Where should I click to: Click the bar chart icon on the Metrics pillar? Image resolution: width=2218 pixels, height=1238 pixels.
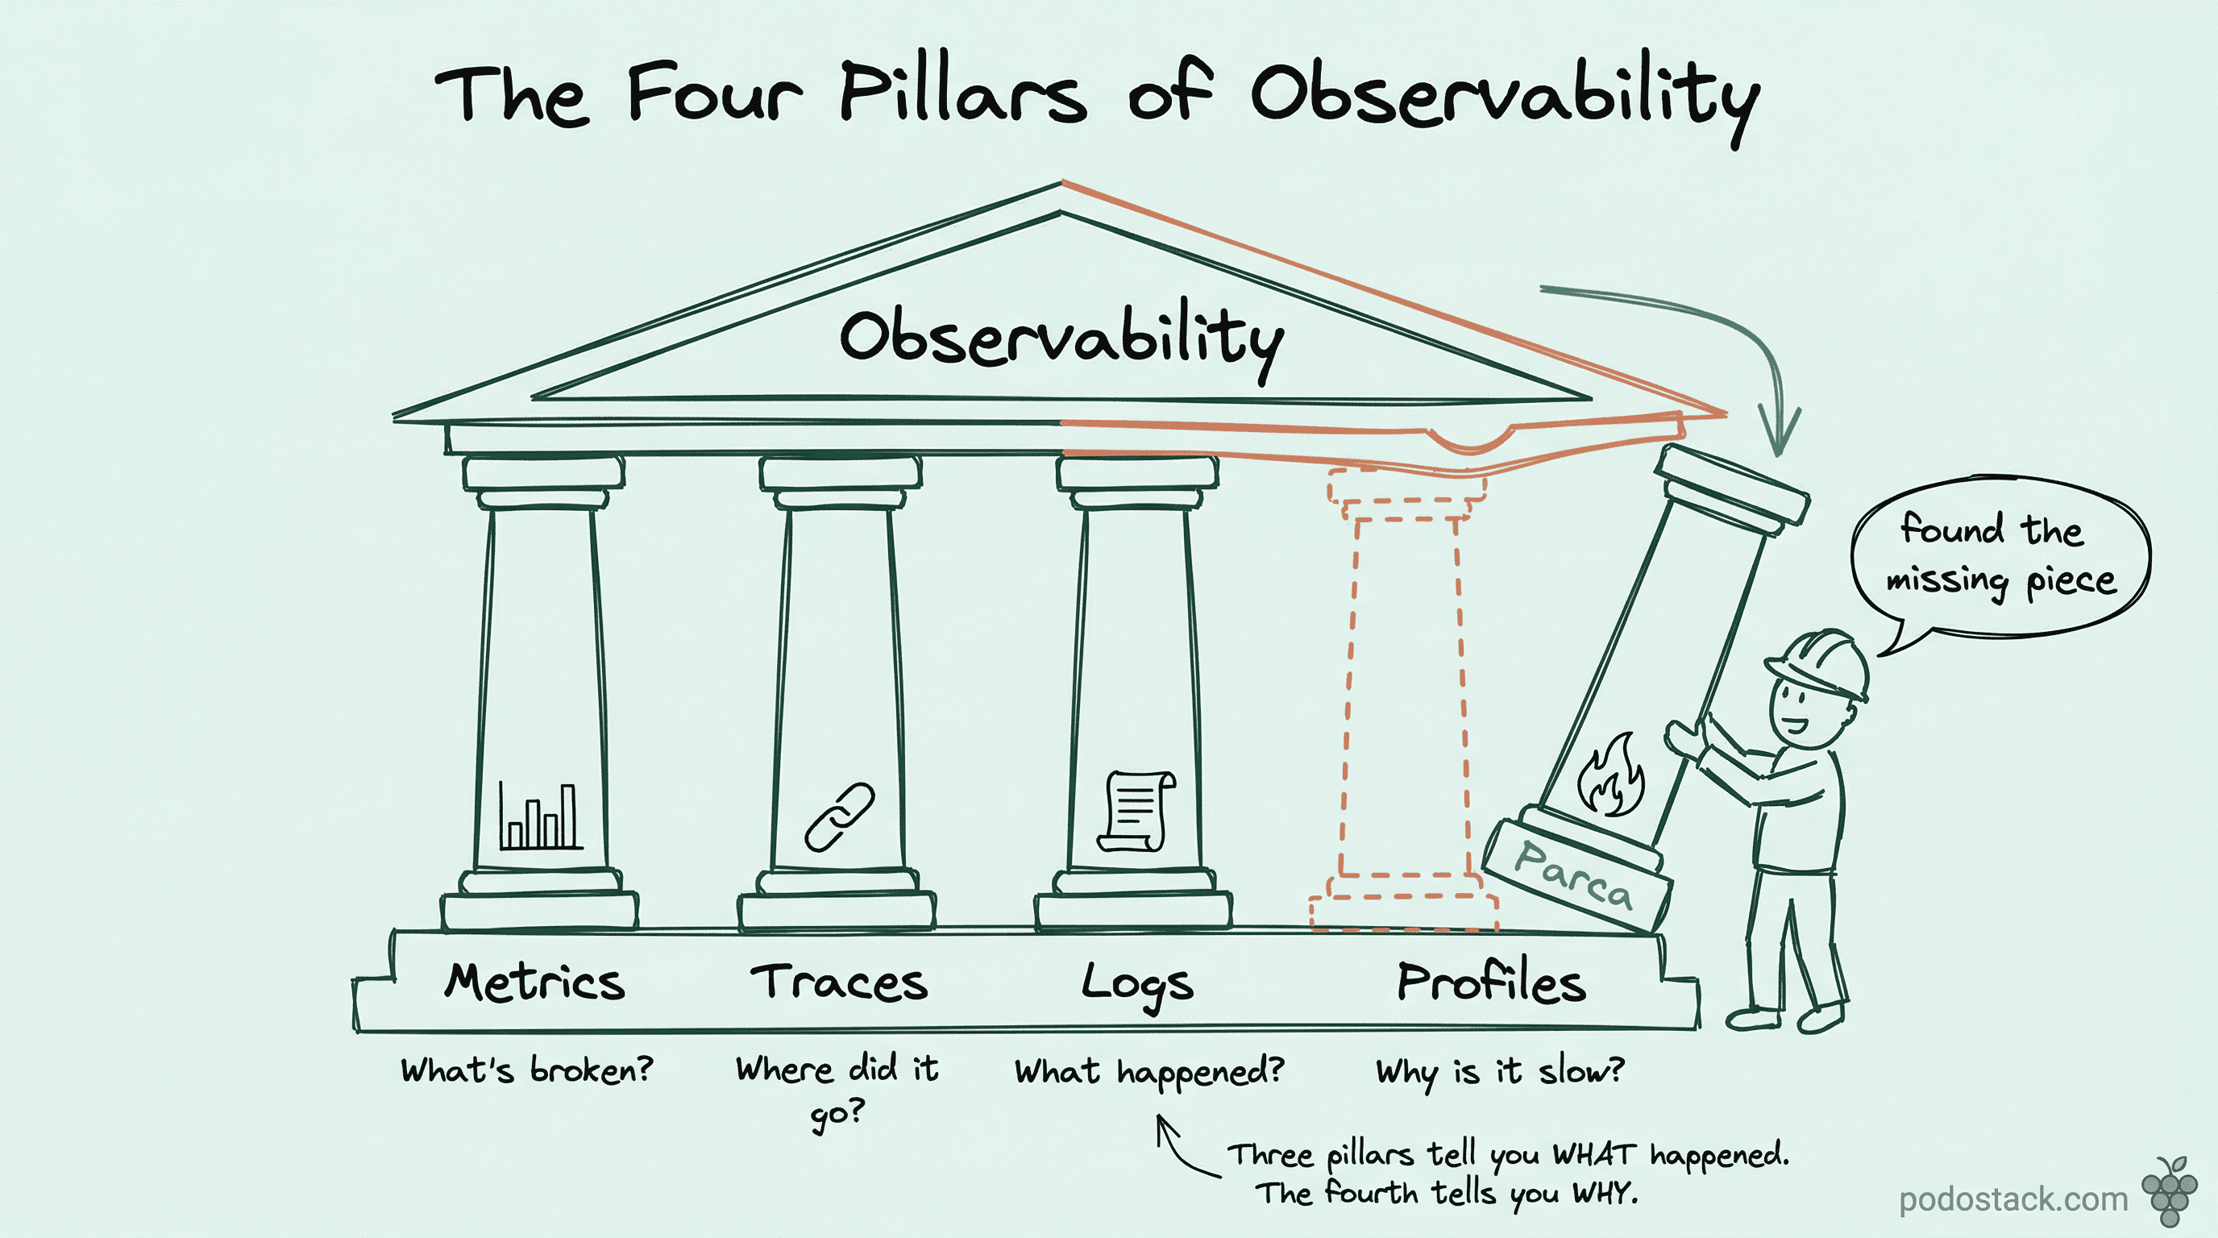tap(541, 816)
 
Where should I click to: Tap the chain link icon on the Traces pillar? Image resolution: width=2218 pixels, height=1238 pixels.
tap(839, 817)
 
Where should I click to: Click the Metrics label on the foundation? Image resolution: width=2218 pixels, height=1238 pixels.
tap(534, 983)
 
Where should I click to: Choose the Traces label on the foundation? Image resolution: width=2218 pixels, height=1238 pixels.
tap(839, 983)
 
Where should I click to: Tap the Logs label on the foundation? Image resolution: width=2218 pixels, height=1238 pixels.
tap(1136, 985)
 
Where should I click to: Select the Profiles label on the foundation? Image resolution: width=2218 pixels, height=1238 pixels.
tap(1490, 983)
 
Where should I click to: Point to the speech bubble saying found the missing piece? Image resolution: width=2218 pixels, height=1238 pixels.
tap(2000, 555)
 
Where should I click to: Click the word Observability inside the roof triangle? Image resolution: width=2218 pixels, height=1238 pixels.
tap(1061, 339)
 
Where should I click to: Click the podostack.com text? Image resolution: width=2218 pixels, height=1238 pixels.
tap(2012, 1199)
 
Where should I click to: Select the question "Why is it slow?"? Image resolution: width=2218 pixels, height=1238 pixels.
tap(1499, 1071)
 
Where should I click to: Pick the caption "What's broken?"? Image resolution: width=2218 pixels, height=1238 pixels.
tap(527, 1070)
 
